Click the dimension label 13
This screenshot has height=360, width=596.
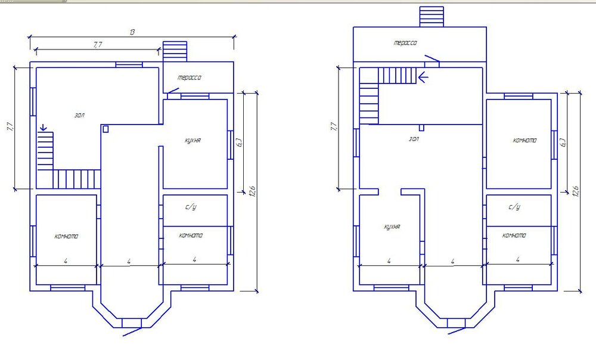click(x=132, y=32)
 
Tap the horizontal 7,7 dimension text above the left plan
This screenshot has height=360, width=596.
click(x=98, y=45)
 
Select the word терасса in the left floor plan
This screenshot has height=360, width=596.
click(x=190, y=77)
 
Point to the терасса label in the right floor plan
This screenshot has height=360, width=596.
click(x=405, y=42)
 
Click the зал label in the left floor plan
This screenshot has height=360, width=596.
click(x=79, y=115)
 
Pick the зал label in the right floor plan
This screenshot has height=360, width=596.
click(x=414, y=139)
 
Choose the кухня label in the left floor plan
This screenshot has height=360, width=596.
click(x=193, y=141)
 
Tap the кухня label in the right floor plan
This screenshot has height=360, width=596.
click(x=392, y=227)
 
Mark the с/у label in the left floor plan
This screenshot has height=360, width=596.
click(x=191, y=207)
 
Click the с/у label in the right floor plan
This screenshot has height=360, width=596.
click(x=514, y=207)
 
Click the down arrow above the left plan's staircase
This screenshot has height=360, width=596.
click(x=44, y=128)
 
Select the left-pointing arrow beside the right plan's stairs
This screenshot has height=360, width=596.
click(x=423, y=77)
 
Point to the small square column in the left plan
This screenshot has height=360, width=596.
click(x=105, y=129)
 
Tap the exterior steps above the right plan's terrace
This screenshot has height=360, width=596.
click(x=432, y=17)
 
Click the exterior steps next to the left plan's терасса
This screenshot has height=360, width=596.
click(x=175, y=51)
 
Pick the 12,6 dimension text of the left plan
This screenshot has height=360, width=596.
click(x=252, y=191)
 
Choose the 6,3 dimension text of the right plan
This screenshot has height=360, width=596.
click(x=563, y=142)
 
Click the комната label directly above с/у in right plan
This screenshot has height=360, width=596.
click(x=524, y=140)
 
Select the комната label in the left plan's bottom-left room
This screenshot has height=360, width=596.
click(x=66, y=236)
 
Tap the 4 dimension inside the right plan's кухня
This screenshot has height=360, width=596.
click(x=389, y=261)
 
